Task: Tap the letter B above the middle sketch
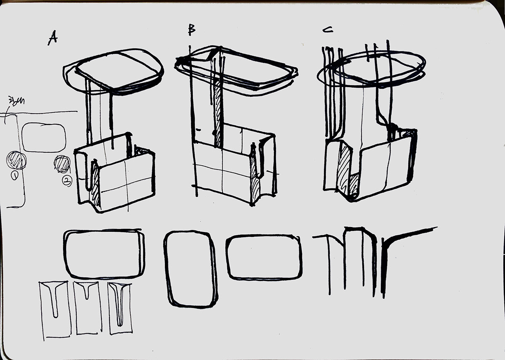(x=191, y=30)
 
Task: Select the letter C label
(x=328, y=30)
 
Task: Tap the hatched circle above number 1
(x=16, y=161)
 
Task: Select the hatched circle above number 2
(x=62, y=164)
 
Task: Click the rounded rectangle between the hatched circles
(x=44, y=138)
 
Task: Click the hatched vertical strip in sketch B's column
(x=218, y=114)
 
